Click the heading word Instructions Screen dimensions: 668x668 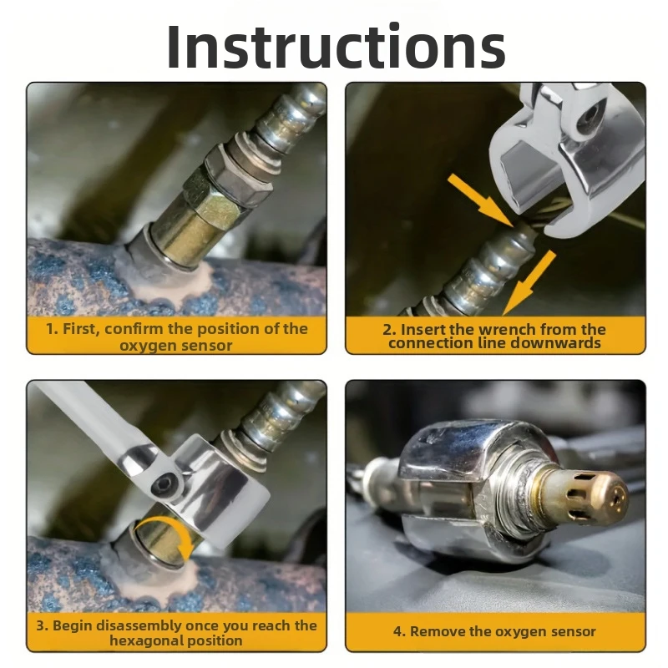click(x=337, y=46)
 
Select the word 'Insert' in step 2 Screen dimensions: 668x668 click(x=423, y=329)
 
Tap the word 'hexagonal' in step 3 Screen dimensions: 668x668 click(x=145, y=640)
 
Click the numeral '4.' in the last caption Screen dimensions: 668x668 click(x=399, y=631)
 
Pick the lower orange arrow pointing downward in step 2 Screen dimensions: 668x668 click(x=529, y=282)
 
